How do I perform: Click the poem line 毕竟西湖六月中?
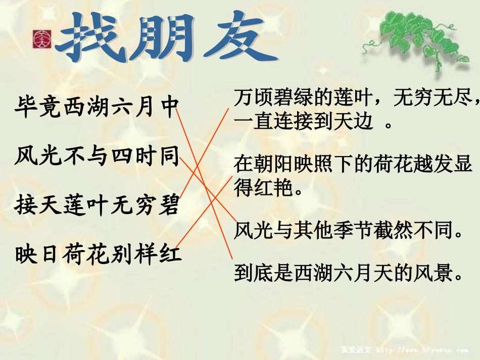click(96, 108)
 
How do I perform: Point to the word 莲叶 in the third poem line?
click(84, 205)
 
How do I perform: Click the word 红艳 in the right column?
click(273, 188)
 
